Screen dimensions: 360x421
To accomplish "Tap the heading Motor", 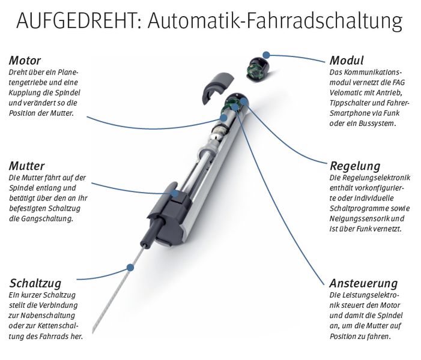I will [25, 61].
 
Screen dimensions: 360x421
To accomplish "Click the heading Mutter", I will [28, 166].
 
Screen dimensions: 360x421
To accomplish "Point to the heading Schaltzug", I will [35, 283].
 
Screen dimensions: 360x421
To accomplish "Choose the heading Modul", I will [347, 61].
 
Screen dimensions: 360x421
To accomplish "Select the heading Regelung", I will [356, 166].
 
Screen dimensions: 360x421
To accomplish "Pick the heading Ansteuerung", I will [363, 283].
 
